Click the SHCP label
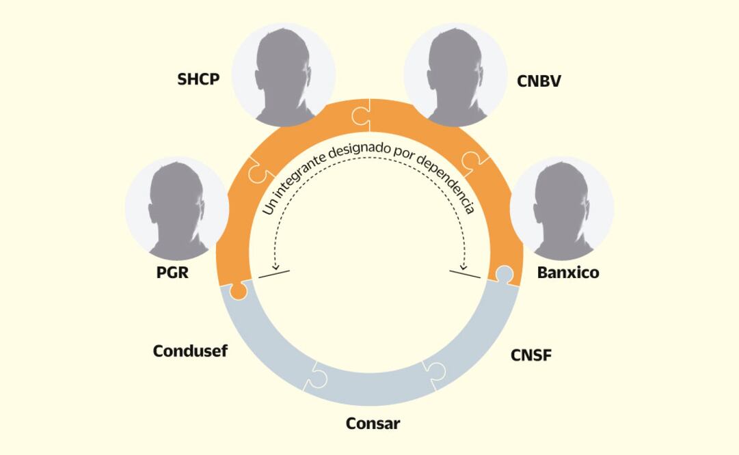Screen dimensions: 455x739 pyautogui.click(x=198, y=79)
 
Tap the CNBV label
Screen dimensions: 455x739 pyautogui.click(x=539, y=81)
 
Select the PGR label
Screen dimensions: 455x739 pyautogui.click(x=172, y=273)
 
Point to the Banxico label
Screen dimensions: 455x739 pyautogui.click(x=567, y=273)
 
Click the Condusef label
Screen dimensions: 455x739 pyautogui.click(x=190, y=351)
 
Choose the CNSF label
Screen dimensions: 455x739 pyautogui.click(x=530, y=355)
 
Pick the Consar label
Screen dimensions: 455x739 pyautogui.click(x=373, y=423)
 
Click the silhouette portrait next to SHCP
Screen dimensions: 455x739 pyautogui.click(x=284, y=74)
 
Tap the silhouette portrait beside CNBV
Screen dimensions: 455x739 pyautogui.click(x=455, y=74)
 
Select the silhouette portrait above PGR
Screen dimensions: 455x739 pyautogui.click(x=177, y=208)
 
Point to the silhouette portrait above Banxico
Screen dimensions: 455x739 pyautogui.click(x=562, y=208)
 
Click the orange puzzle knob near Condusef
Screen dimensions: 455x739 pyautogui.click(x=239, y=292)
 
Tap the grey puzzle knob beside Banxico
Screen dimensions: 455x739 pyautogui.click(x=504, y=275)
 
